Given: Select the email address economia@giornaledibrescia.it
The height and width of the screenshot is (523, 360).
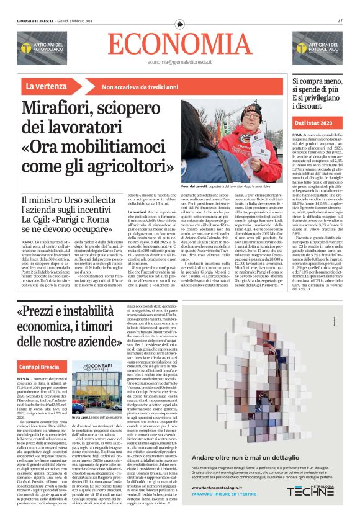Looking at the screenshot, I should tap(180, 61).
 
